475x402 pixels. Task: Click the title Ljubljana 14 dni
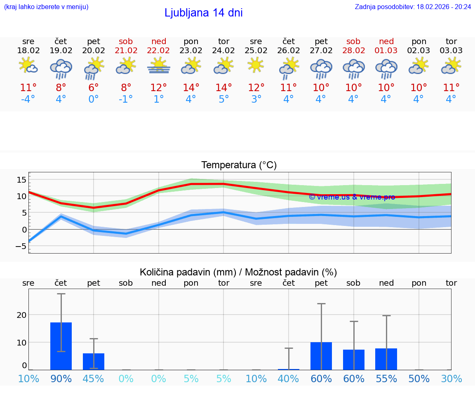(203, 13)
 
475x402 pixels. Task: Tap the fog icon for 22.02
(159, 66)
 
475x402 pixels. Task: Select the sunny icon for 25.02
(256, 65)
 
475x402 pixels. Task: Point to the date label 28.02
(353, 51)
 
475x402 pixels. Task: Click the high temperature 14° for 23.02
(191, 88)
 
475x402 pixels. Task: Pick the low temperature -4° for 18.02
(28, 99)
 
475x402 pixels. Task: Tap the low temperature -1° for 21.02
(126, 99)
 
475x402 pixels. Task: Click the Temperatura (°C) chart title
(239, 165)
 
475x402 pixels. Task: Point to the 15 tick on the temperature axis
(21, 179)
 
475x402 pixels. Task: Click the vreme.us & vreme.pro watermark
(352, 197)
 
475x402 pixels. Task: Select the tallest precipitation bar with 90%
(61, 346)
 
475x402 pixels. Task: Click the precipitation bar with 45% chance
(94, 361)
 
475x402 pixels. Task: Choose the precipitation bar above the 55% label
(386, 359)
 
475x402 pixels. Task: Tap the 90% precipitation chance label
(61, 379)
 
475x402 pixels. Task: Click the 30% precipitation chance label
(451, 379)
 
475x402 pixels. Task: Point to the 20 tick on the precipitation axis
(21, 315)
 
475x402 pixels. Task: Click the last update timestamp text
(413, 7)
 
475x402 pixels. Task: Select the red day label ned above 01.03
(386, 41)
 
